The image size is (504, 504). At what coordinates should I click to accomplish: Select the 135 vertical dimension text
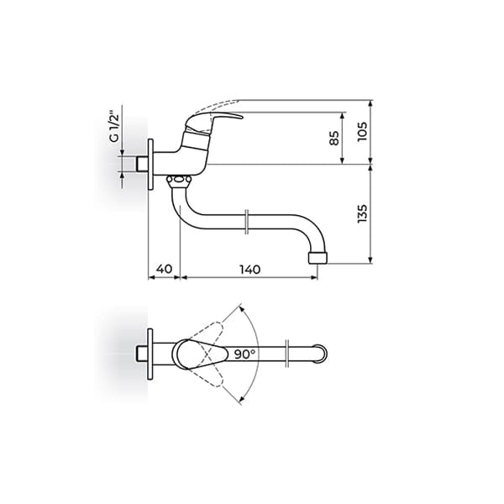click(x=363, y=213)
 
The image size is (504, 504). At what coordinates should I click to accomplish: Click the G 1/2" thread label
click(x=115, y=125)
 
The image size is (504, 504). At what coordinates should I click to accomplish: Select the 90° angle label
click(x=245, y=354)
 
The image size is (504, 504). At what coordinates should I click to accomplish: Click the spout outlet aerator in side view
click(x=317, y=255)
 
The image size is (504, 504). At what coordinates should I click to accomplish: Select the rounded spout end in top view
click(x=323, y=353)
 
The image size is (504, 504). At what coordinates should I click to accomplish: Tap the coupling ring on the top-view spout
click(x=287, y=353)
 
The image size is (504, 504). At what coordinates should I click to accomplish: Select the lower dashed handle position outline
click(x=210, y=379)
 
